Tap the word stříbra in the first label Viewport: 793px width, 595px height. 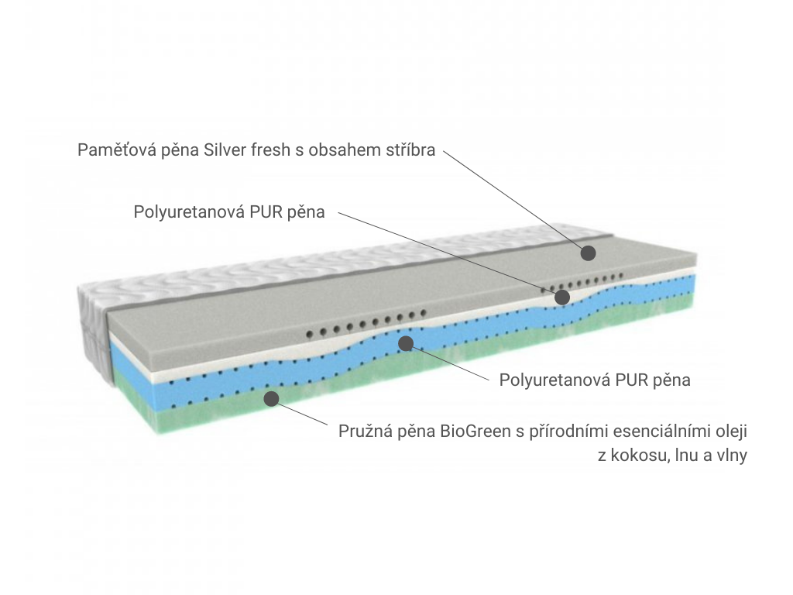tap(410, 150)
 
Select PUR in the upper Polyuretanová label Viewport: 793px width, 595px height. tap(266, 212)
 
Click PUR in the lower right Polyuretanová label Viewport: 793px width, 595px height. tap(632, 380)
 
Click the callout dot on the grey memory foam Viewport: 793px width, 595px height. tap(588, 253)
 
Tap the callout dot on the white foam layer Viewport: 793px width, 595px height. tap(562, 297)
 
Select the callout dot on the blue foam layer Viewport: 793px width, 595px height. tap(406, 343)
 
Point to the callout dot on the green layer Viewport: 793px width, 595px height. tap(272, 399)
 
